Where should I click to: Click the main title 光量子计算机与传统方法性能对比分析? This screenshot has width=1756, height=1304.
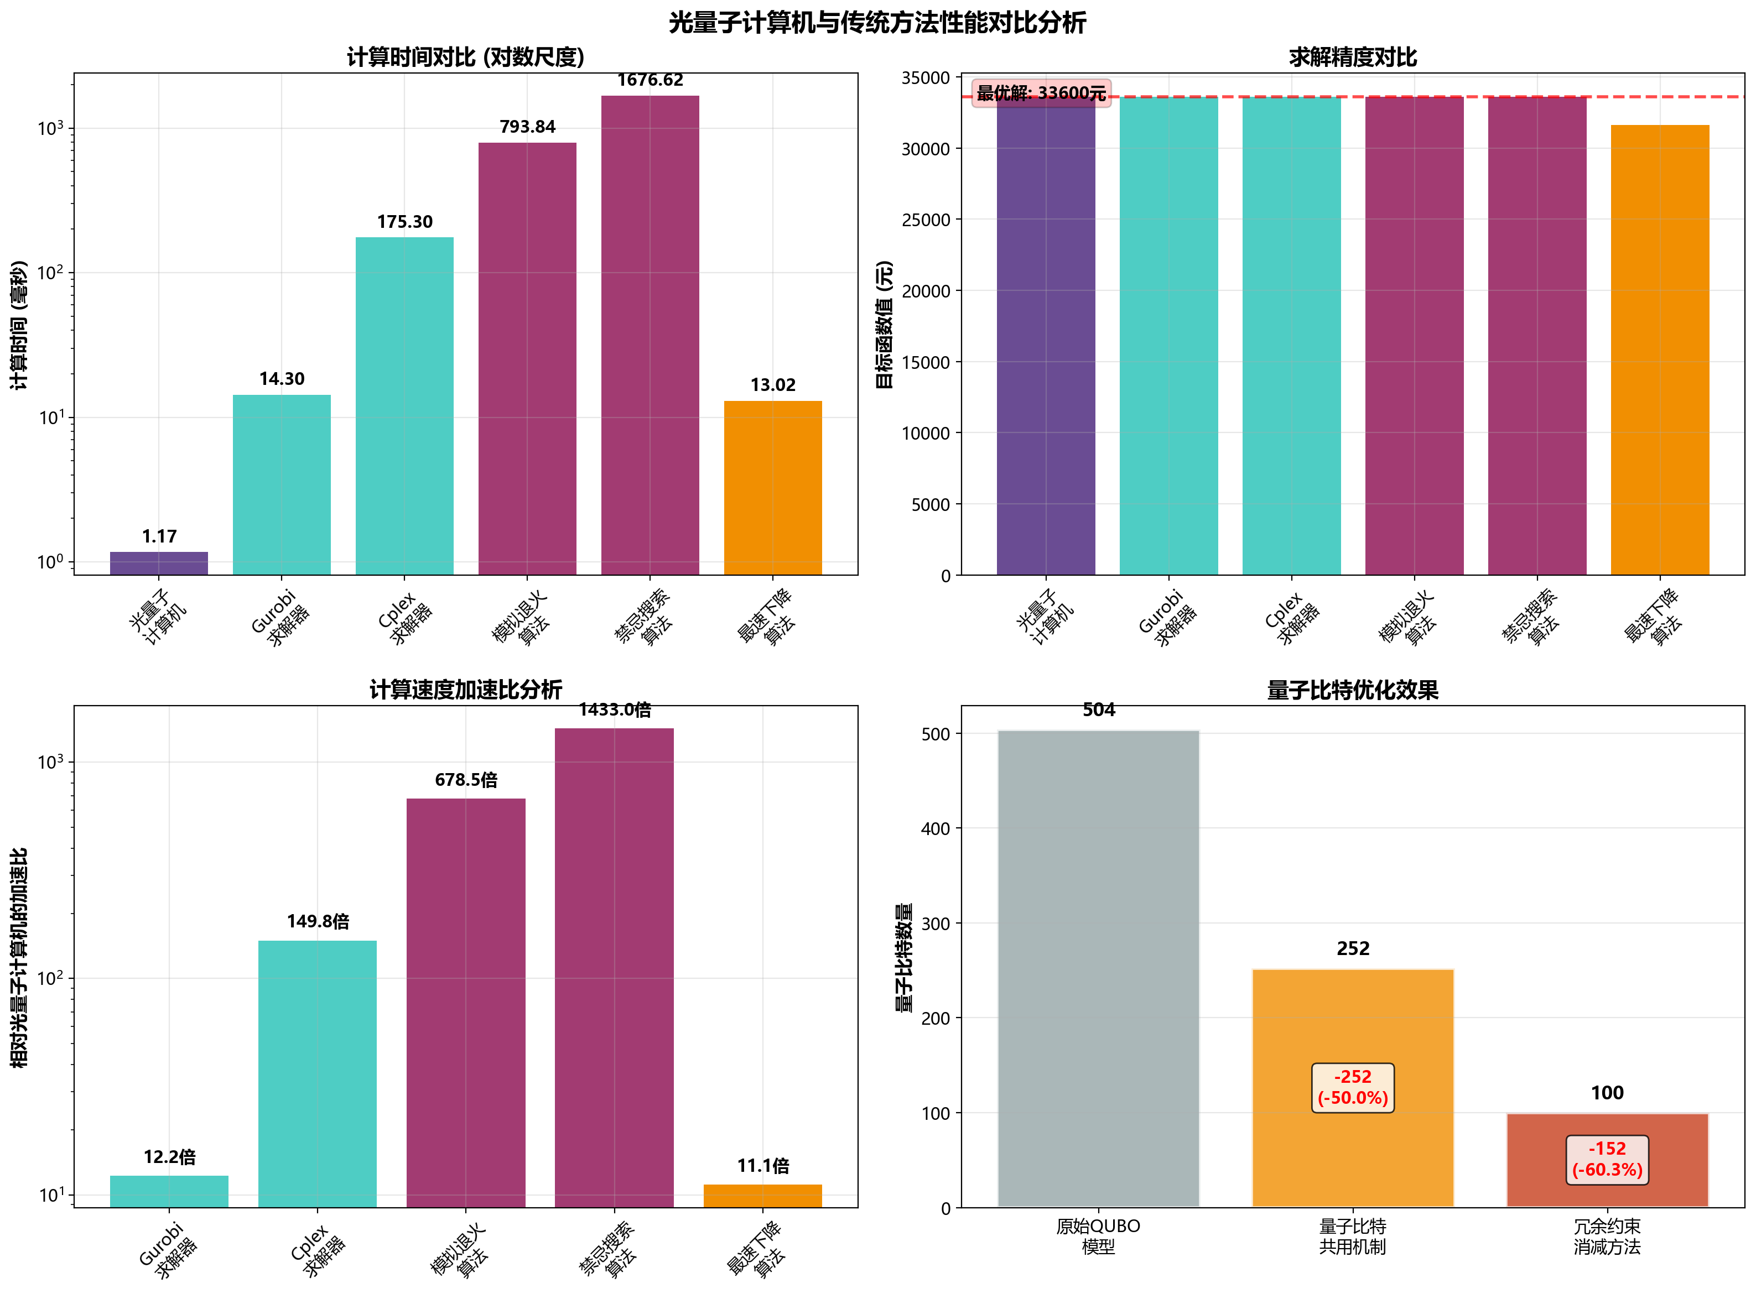[877, 23]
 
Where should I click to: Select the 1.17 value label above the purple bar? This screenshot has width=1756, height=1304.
[159, 537]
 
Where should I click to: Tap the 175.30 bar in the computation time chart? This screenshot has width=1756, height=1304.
[404, 406]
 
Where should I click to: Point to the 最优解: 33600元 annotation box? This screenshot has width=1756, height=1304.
[1041, 93]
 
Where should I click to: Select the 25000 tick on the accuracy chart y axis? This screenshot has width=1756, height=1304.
[926, 220]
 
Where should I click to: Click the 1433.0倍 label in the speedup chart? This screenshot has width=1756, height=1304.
[614, 710]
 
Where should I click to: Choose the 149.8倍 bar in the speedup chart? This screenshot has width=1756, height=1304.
[318, 1073]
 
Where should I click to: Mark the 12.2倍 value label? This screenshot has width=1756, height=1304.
[169, 1157]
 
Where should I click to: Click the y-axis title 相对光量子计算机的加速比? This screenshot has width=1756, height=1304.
[19, 957]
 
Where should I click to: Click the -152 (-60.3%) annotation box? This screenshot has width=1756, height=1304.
[1607, 1159]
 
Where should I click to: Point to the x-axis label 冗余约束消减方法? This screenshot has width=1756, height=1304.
[1607, 1236]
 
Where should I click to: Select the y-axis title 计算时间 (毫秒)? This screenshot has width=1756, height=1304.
[19, 325]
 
